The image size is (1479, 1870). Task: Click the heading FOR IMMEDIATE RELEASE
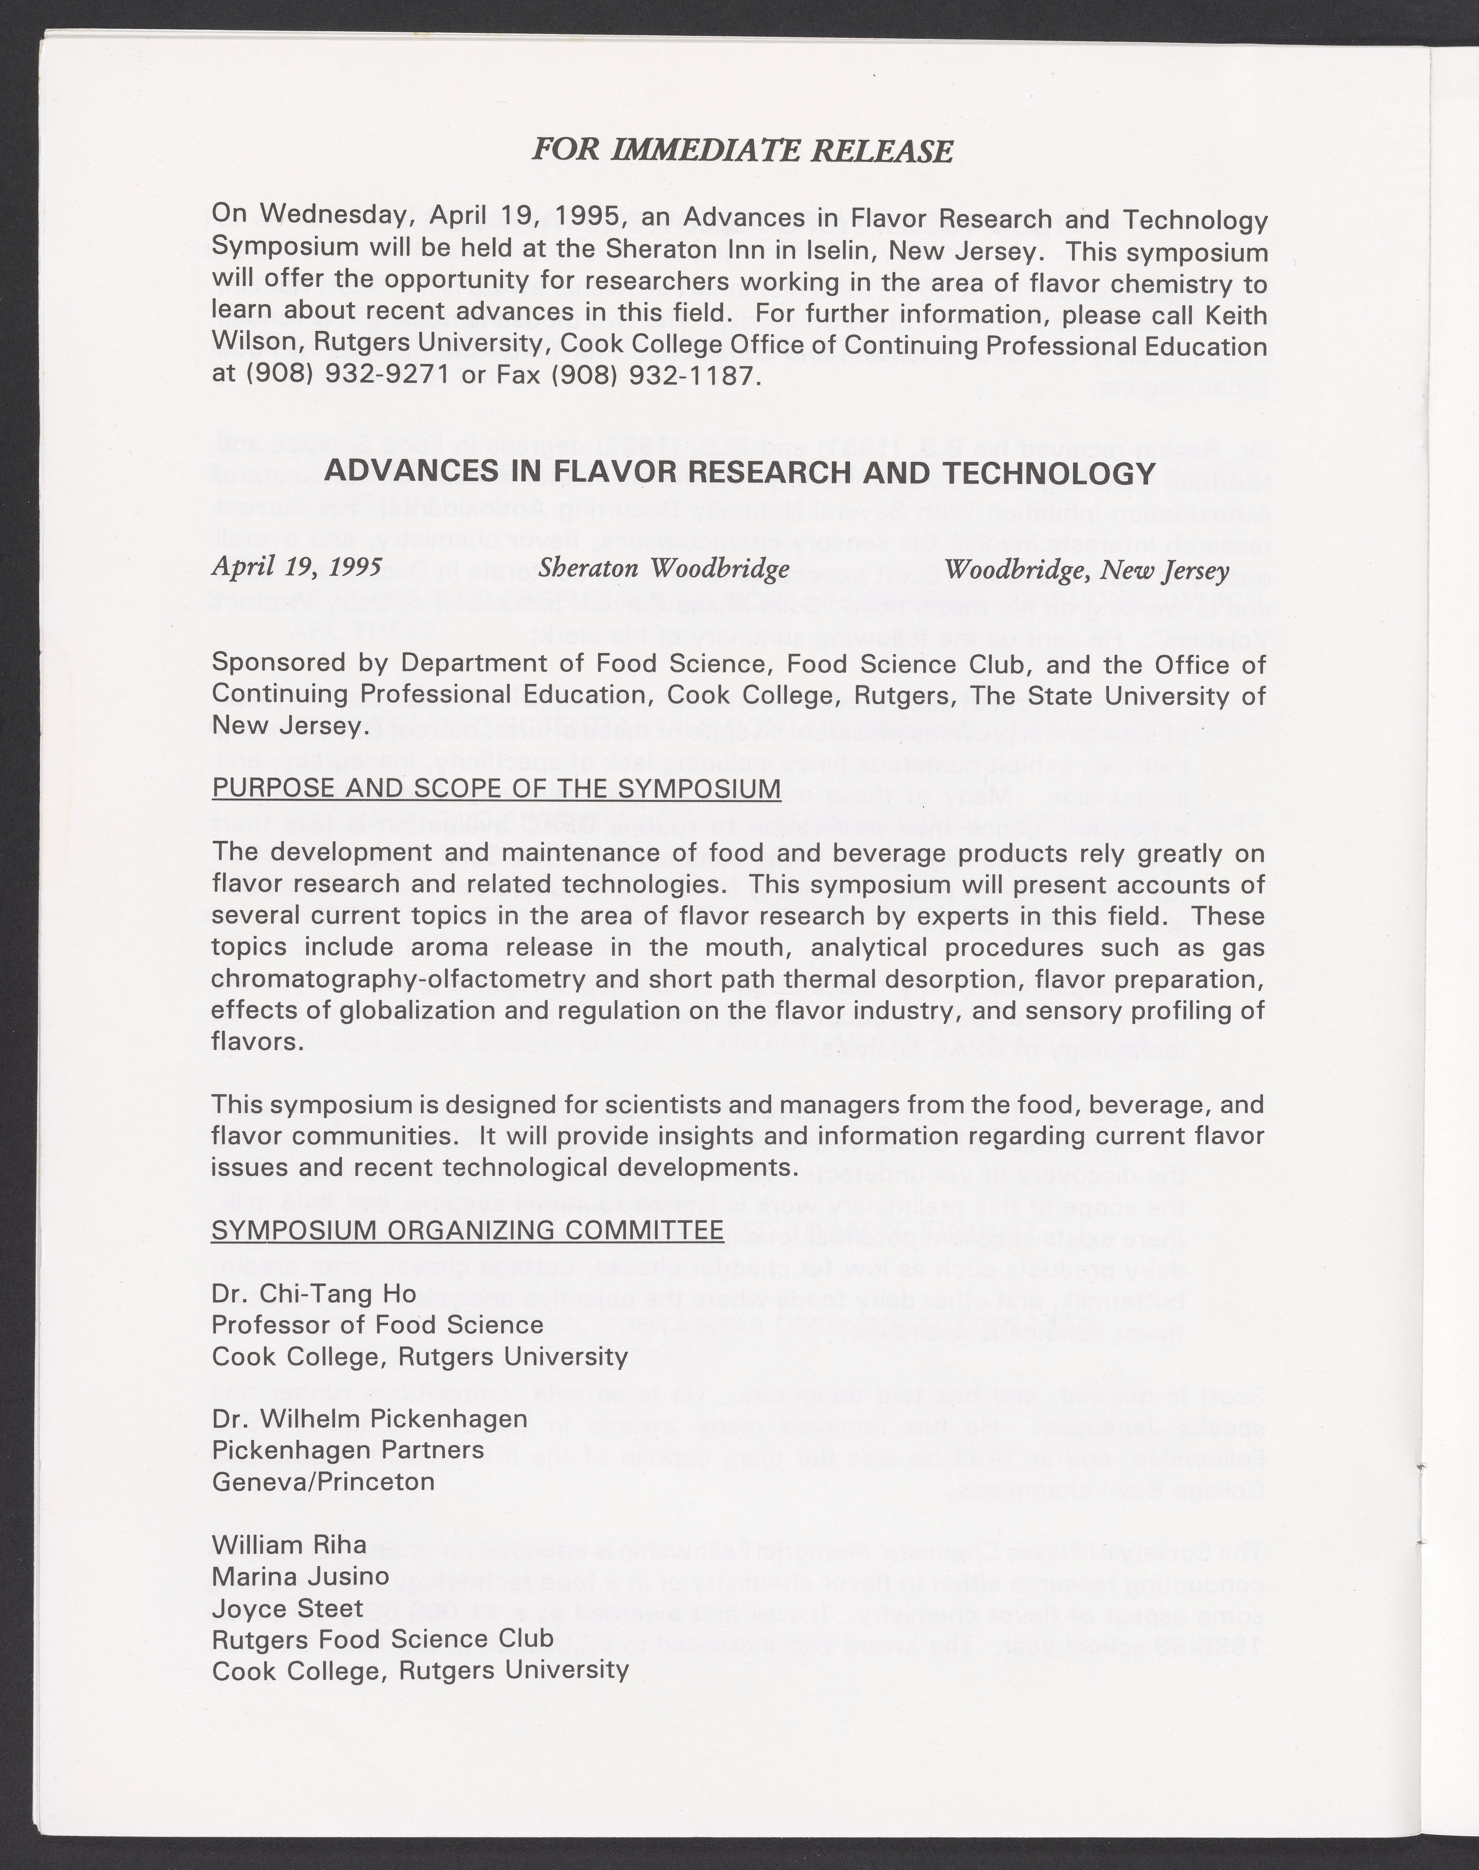click(x=741, y=151)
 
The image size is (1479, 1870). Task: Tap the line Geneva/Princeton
click(x=323, y=1481)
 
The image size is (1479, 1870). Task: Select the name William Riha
click(x=289, y=1545)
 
